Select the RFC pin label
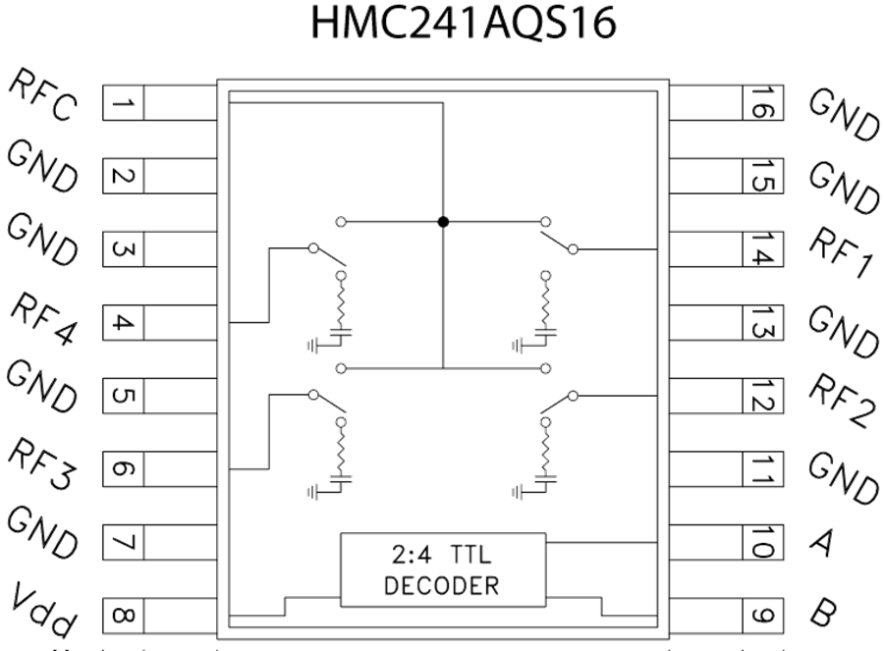pyautogui.click(x=43, y=96)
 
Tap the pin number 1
pyautogui.click(x=124, y=102)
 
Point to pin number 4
pyautogui.click(x=124, y=322)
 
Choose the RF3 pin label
pyautogui.click(x=43, y=463)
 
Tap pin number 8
pyautogui.click(x=124, y=616)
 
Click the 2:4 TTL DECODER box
pyautogui.click(x=442, y=570)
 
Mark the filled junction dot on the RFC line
pyautogui.click(x=443, y=222)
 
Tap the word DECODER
pyautogui.click(x=441, y=586)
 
